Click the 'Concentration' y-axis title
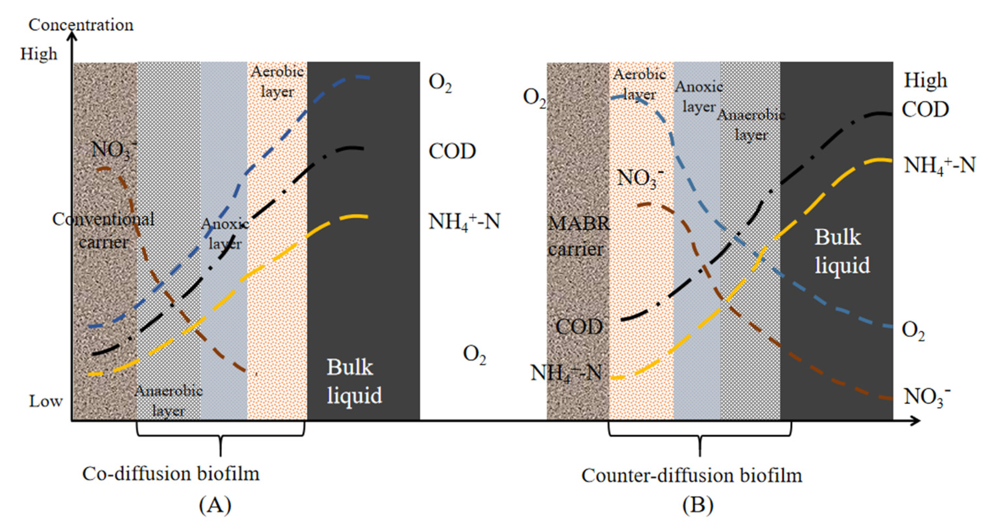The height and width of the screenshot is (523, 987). (81, 25)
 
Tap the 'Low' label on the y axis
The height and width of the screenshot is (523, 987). (45, 401)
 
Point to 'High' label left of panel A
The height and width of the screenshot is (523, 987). (39, 54)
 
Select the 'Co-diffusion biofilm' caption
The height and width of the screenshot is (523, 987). (171, 474)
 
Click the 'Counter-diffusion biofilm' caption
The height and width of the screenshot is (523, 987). (692, 476)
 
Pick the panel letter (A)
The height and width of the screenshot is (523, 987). (215, 505)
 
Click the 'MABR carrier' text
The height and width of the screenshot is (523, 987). (578, 236)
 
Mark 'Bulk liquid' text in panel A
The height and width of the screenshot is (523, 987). (354, 381)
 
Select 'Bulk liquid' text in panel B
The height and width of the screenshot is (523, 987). (842, 251)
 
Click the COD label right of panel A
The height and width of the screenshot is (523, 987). (452, 152)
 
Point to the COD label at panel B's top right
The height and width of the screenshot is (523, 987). (925, 110)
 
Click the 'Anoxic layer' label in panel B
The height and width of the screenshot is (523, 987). (699, 97)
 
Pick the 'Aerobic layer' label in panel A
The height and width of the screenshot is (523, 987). (277, 82)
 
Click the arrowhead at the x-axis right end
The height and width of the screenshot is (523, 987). (915, 421)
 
